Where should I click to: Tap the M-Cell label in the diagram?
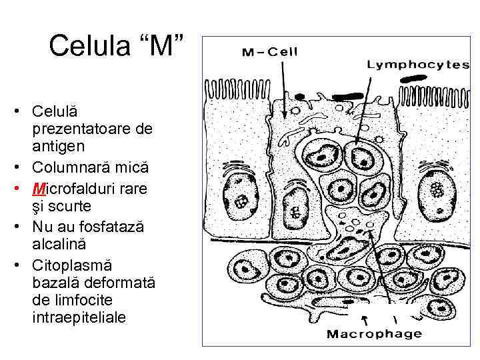(x=269, y=52)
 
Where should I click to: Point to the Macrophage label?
(x=373, y=333)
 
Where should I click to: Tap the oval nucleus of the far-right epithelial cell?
(x=436, y=191)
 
